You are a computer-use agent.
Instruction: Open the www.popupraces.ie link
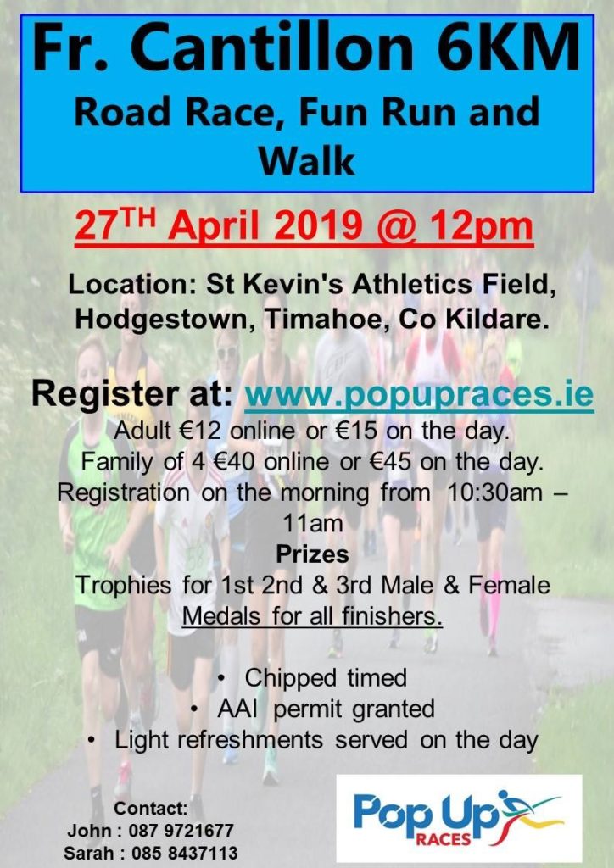click(419, 395)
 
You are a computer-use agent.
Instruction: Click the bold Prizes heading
click(312, 554)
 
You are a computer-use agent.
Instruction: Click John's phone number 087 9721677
click(181, 831)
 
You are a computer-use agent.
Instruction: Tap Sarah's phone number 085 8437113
click(185, 853)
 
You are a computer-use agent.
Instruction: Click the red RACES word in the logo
click(443, 840)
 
